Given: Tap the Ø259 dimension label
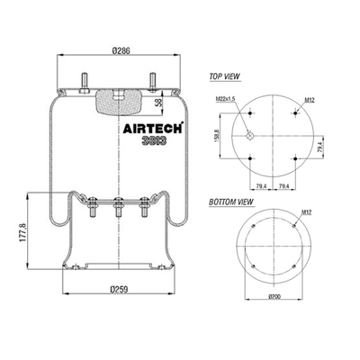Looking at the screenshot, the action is pos(119,290).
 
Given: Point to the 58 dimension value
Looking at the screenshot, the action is pos(159,103).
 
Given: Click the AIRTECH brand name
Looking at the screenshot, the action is pos(153,129).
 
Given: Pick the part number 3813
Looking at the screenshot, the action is pos(154,140).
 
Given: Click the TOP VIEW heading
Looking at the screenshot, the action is pos(225,76).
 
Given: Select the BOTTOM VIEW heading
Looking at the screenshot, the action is pos(231,202).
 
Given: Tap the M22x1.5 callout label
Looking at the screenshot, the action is pos(225,99).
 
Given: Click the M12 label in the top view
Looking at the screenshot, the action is pos(310,100).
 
